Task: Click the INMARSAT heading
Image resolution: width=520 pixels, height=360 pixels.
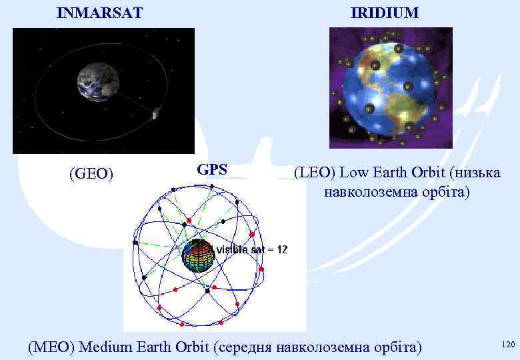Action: coord(99,13)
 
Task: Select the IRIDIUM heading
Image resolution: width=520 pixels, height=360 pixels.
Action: coord(385,13)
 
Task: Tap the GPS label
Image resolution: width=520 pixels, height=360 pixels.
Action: coord(212,170)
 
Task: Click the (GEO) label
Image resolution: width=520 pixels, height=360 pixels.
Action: coord(91,175)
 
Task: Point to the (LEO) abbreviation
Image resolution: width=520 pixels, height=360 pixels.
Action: coord(315,173)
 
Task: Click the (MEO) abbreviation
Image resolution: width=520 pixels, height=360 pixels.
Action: coord(51,347)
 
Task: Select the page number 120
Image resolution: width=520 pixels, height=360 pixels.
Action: coord(507,345)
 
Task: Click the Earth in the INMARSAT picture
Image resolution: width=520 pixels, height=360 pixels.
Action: coord(98,83)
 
